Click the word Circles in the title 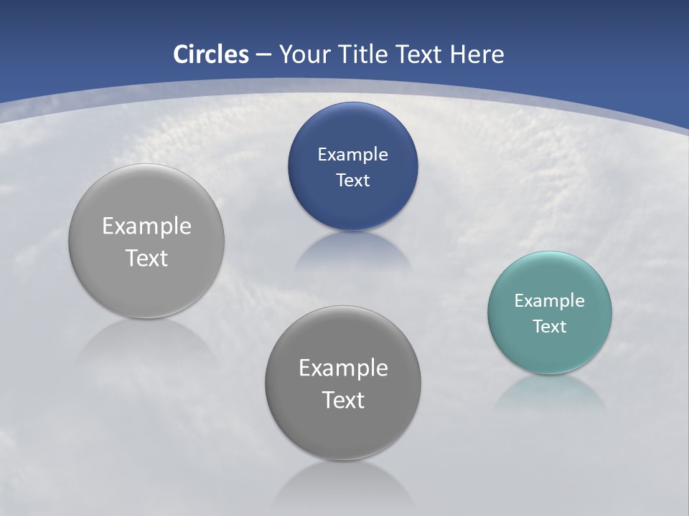[x=210, y=54]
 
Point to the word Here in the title [x=477, y=54]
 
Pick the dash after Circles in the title [x=263, y=55]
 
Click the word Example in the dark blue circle [x=352, y=155]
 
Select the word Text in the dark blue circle [x=352, y=181]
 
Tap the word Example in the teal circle [x=549, y=301]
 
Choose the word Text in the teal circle [x=549, y=327]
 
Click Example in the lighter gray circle [x=146, y=226]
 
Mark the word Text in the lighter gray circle [x=146, y=258]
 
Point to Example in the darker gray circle [x=343, y=368]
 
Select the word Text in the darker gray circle [x=343, y=400]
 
